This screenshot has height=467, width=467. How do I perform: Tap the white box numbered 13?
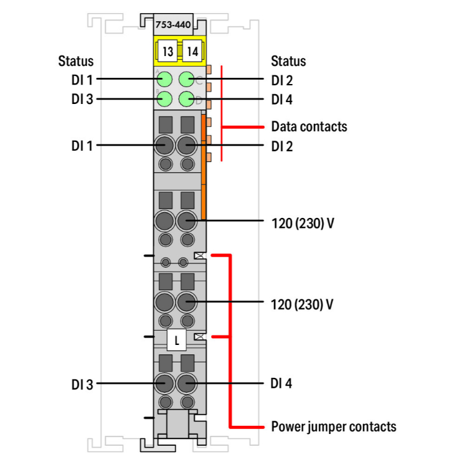tap(167, 51)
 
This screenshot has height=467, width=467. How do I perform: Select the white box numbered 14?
tap(192, 51)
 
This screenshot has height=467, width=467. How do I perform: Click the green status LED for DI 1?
tap(165, 79)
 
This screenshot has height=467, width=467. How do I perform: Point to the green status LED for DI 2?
tap(186, 79)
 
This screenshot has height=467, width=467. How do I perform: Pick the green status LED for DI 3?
tap(165, 99)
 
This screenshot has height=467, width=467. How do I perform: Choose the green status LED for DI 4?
tap(186, 99)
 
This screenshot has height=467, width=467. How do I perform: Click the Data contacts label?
tap(309, 127)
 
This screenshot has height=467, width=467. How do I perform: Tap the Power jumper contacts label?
tap(333, 427)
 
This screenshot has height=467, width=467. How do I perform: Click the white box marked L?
tap(177, 341)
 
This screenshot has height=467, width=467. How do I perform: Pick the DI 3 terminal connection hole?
tap(165, 383)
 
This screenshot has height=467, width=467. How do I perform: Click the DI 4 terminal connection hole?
tap(186, 383)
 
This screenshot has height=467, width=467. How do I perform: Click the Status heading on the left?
tap(76, 61)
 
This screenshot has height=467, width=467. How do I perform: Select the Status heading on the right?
tap(288, 61)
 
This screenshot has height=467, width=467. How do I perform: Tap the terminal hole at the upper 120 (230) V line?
tap(186, 221)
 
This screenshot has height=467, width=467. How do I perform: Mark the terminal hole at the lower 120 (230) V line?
tap(186, 303)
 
